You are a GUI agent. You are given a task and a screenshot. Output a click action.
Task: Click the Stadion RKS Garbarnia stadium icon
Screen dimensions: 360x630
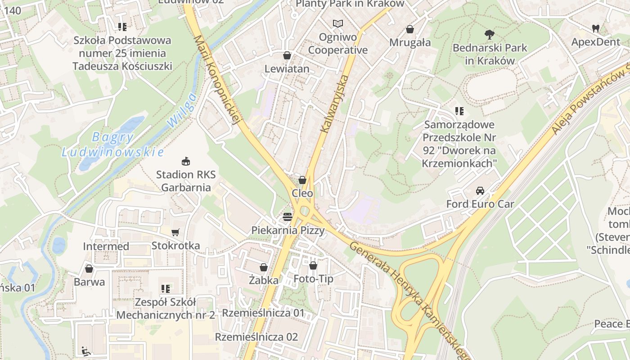click(x=185, y=161)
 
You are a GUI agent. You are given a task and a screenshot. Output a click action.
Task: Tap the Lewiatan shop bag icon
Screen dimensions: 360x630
click(x=287, y=55)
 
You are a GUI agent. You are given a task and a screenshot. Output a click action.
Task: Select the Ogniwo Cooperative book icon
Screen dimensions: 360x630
click(x=337, y=23)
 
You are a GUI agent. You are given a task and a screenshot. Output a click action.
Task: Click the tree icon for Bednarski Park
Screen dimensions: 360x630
click(x=490, y=34)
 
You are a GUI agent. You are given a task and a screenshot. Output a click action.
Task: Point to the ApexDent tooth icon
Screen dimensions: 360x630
click(x=596, y=28)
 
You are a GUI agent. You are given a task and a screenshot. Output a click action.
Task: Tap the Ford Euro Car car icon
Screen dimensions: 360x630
click(x=480, y=190)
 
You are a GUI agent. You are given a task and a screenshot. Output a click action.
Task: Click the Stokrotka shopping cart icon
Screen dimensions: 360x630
click(x=175, y=232)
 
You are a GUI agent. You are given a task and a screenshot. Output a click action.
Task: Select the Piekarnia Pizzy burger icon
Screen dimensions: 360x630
click(x=288, y=217)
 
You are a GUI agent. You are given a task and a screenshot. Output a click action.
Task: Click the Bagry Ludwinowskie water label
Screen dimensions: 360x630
click(x=112, y=144)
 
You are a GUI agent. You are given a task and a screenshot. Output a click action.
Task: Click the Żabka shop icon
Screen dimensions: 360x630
click(x=264, y=267)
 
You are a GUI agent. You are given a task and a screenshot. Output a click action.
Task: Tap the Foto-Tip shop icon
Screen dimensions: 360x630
click(x=313, y=265)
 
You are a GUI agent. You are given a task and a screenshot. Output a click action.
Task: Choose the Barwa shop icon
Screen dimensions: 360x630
click(x=89, y=269)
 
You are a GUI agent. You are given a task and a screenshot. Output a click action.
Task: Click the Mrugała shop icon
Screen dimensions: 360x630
click(x=410, y=29)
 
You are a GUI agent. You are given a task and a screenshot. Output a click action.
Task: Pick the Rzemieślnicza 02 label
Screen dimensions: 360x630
click(x=256, y=337)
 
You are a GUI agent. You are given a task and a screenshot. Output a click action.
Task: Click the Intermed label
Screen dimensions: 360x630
click(x=106, y=246)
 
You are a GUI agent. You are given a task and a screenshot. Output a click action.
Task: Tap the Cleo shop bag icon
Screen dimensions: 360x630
click(x=302, y=180)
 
